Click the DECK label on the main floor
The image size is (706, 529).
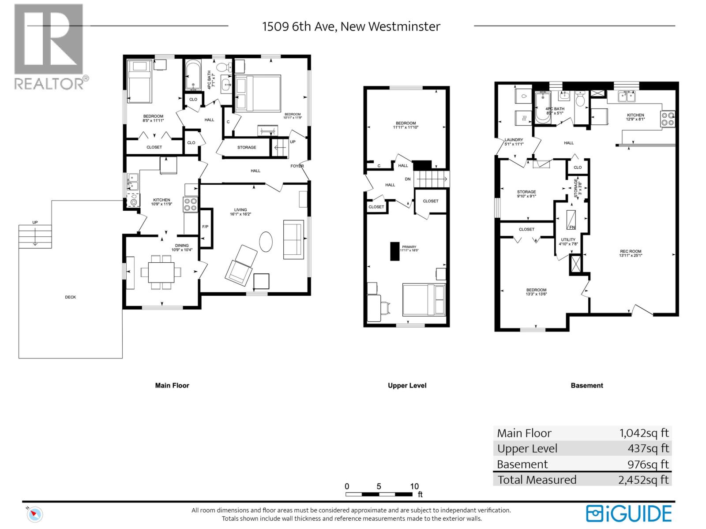pos(70,297)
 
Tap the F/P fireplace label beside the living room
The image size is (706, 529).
pos(205,227)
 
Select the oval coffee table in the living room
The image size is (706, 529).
pos(265,242)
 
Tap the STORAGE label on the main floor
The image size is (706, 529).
pos(246,147)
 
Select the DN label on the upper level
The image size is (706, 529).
pos(408,179)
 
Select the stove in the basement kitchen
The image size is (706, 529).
pos(667,119)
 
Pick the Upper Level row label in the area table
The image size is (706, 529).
pos(527,449)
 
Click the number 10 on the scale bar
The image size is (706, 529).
pos(414,486)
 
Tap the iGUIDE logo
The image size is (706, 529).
pos(629,514)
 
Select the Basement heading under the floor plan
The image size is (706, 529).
pos(586,385)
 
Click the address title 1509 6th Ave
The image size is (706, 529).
pos(351,26)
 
